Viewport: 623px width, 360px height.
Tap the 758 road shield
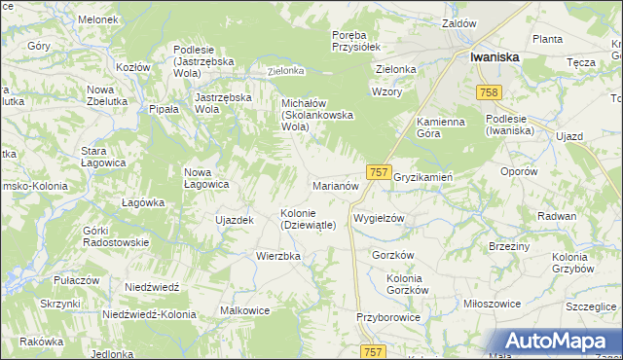pos(489,91)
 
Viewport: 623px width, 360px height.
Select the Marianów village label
pos(336,185)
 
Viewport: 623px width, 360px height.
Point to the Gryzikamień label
pos(423,177)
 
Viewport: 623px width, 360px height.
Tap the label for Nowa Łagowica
pos(206,178)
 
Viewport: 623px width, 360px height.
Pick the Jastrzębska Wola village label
pos(223,103)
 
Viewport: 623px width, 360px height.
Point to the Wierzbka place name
pos(277,256)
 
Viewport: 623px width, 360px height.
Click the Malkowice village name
pos(245,310)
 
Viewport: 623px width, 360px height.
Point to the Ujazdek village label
pos(234,220)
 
